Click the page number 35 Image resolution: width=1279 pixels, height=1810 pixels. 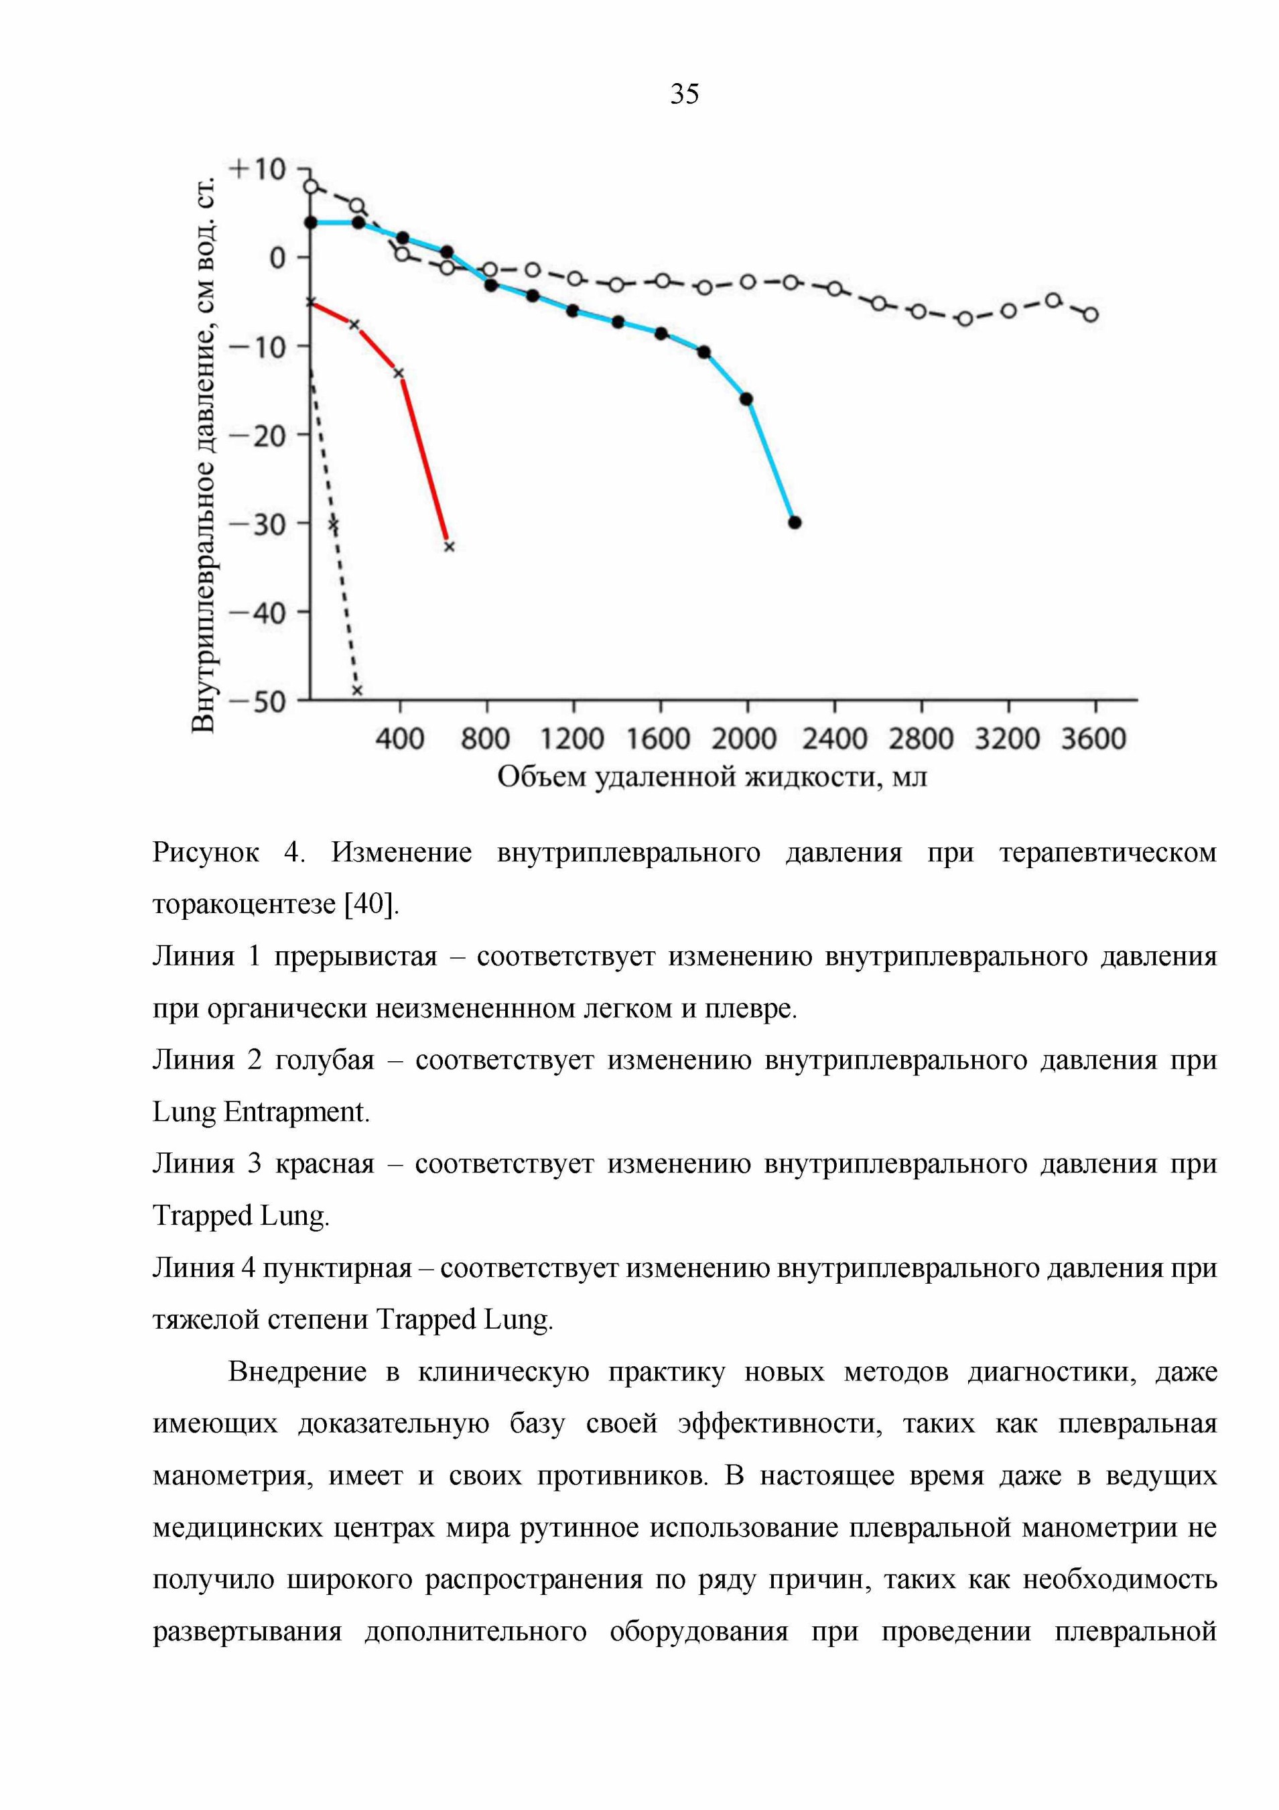[x=684, y=94]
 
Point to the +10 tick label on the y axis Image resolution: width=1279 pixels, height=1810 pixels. [x=257, y=170]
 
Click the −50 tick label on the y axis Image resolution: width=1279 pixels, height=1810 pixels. [x=258, y=701]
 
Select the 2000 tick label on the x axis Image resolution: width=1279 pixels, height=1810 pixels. [x=744, y=739]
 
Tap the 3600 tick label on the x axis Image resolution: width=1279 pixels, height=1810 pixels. [x=1094, y=739]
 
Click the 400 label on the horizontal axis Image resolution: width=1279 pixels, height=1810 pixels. [x=399, y=739]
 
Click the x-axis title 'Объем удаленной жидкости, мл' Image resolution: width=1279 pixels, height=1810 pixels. [x=712, y=776]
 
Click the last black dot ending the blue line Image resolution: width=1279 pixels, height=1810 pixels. [x=795, y=523]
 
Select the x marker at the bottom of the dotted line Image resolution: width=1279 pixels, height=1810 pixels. [x=357, y=690]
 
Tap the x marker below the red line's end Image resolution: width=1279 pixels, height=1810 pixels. [x=449, y=546]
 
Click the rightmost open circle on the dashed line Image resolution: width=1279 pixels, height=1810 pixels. [x=1091, y=314]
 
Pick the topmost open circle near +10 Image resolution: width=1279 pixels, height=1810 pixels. [x=312, y=186]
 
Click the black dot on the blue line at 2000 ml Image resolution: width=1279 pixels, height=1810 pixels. [x=746, y=399]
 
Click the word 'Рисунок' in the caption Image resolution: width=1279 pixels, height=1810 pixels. [x=206, y=852]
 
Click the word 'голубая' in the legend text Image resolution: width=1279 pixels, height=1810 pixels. [x=325, y=1061]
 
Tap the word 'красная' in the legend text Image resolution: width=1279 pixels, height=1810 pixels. [x=325, y=1164]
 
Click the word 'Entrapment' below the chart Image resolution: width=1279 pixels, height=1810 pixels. [x=296, y=1112]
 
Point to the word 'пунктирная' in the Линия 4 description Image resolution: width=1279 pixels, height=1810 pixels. [x=337, y=1268]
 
